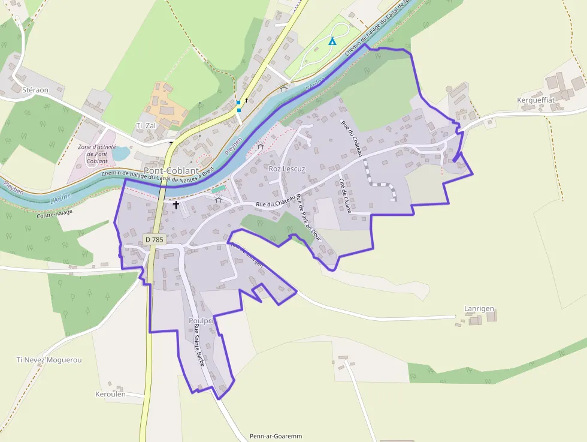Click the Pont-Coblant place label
tap(171, 170)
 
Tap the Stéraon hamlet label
tap(35, 90)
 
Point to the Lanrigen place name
tap(479, 309)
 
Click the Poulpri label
tap(201, 321)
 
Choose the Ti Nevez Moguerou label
tap(49, 360)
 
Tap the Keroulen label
tap(111, 394)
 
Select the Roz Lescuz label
tap(287, 169)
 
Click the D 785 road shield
tap(154, 239)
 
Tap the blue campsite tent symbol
tap(332, 41)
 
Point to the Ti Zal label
tap(146, 125)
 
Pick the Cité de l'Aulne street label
tap(345, 196)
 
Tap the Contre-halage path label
tap(54, 212)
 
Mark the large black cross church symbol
tap(176, 205)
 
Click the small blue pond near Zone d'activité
tap(120, 154)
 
